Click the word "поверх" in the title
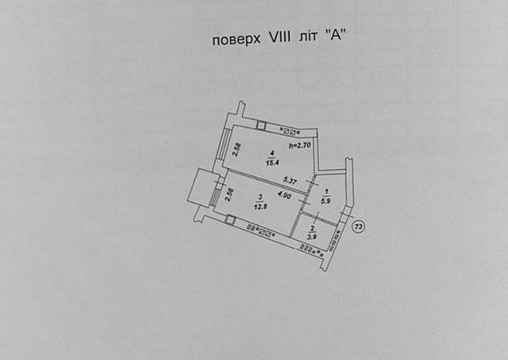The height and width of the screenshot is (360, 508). pyautogui.click(x=236, y=39)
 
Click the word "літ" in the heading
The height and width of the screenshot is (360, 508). pyautogui.click(x=307, y=37)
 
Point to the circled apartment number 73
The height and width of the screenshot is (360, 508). pyautogui.click(x=358, y=227)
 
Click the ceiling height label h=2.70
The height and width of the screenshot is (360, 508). pyautogui.click(x=299, y=145)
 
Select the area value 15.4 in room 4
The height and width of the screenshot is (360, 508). pyautogui.click(x=273, y=163)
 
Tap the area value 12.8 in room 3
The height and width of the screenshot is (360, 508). pyautogui.click(x=261, y=207)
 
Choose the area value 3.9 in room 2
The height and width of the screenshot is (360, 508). pyautogui.click(x=312, y=237)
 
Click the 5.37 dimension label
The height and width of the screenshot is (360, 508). pyautogui.click(x=290, y=180)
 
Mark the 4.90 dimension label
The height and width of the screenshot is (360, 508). pyautogui.click(x=284, y=195)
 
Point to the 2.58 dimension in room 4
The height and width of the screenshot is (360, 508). pyautogui.click(x=238, y=149)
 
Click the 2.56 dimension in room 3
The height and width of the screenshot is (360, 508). pyautogui.click(x=229, y=194)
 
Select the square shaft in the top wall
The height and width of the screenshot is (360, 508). pyautogui.click(x=261, y=125)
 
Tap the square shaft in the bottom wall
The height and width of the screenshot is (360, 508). pyautogui.click(x=230, y=219)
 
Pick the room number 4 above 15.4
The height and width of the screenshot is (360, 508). pyautogui.click(x=273, y=152)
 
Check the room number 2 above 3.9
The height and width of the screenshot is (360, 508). pyautogui.click(x=313, y=228)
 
